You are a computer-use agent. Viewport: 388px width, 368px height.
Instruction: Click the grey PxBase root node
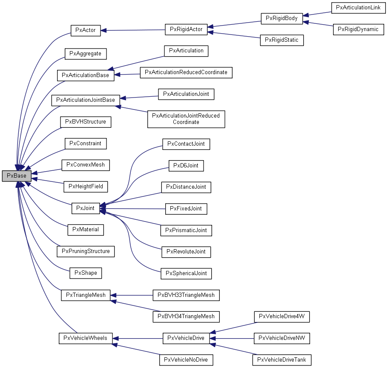(x=16, y=176)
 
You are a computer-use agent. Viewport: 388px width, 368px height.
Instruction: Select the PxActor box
(x=85, y=30)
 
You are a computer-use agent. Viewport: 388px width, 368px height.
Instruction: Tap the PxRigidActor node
(x=186, y=29)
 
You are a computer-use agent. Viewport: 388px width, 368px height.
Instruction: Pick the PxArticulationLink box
(x=358, y=8)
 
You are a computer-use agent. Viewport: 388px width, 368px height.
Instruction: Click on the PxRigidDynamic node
(x=358, y=29)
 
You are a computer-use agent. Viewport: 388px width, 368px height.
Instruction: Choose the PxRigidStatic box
(x=282, y=40)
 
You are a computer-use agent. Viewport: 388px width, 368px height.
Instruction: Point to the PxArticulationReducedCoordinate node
(x=186, y=72)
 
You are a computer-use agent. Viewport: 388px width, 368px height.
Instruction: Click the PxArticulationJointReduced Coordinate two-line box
(x=186, y=119)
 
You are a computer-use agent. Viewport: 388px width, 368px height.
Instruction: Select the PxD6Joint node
(x=186, y=165)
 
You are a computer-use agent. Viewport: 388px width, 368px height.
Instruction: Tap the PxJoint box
(x=85, y=208)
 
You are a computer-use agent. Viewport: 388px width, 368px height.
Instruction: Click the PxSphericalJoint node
(x=186, y=273)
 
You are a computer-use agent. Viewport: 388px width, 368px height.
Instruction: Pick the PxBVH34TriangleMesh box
(x=186, y=316)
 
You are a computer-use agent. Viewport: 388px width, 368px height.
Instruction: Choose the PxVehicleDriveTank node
(x=282, y=360)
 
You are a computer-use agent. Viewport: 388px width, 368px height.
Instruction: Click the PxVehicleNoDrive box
(x=186, y=360)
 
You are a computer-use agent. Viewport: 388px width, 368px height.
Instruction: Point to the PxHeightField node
(x=85, y=187)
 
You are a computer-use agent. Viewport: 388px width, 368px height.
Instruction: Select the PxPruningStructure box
(x=86, y=251)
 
